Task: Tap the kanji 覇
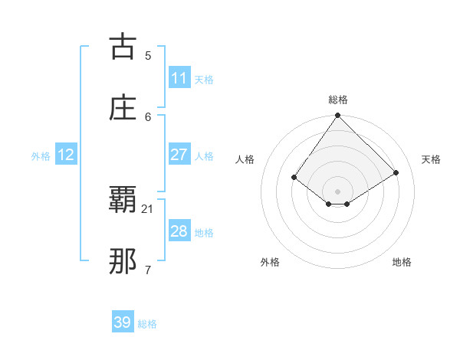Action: [123, 201]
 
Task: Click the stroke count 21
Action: [148, 208]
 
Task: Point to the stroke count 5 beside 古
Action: [148, 55]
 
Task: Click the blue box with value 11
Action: [179, 78]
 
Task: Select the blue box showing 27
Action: [179, 155]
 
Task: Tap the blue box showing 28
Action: [179, 231]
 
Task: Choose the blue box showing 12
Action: [66, 155]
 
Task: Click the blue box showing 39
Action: [123, 322]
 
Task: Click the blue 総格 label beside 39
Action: [148, 324]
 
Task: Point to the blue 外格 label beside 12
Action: [41, 156]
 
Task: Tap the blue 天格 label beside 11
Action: [204, 80]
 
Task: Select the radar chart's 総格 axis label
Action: [338, 100]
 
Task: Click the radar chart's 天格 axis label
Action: [432, 159]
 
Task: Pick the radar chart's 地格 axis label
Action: [402, 262]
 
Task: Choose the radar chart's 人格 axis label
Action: [245, 159]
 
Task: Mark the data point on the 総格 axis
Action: [338, 116]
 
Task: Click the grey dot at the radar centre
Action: [338, 191]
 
